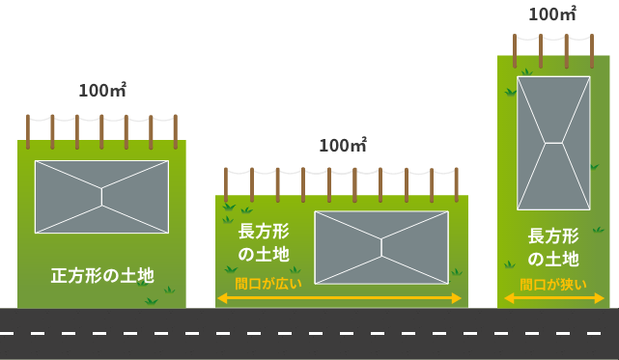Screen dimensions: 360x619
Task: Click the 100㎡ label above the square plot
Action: pyautogui.click(x=102, y=92)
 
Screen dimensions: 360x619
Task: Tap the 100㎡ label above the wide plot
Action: pyautogui.click(x=343, y=146)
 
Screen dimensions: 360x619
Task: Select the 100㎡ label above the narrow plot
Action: pyautogui.click(x=553, y=14)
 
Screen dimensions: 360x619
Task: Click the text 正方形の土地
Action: pyautogui.click(x=101, y=276)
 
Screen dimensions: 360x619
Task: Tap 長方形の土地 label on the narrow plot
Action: pyautogui.click(x=553, y=248)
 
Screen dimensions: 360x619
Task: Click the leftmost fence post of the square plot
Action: pyautogui.click(x=28, y=130)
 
